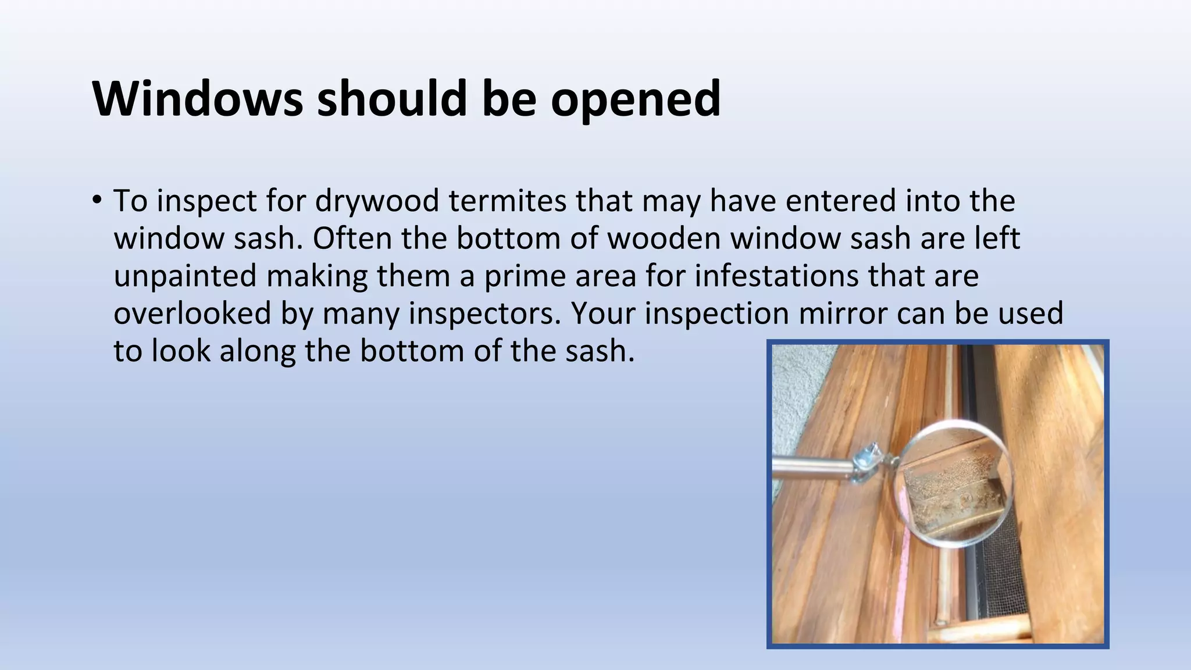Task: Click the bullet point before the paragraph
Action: click(x=97, y=201)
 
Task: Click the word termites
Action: click(x=507, y=201)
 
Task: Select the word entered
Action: click(x=840, y=201)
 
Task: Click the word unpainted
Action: click(x=185, y=276)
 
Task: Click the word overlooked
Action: click(x=192, y=313)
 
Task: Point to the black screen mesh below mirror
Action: click(x=1000, y=582)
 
